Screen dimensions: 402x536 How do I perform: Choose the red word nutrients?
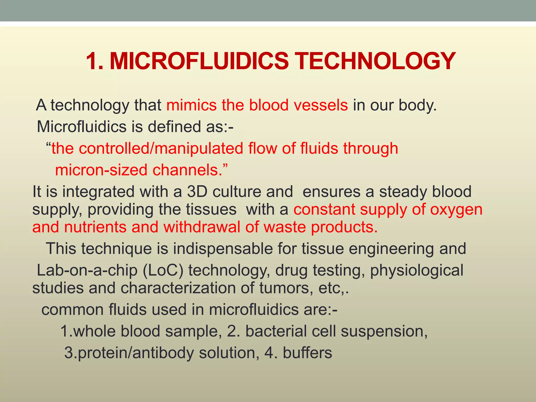(x=95, y=227)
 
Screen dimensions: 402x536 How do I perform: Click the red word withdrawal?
(x=202, y=227)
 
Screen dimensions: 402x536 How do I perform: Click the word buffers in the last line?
(x=307, y=353)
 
